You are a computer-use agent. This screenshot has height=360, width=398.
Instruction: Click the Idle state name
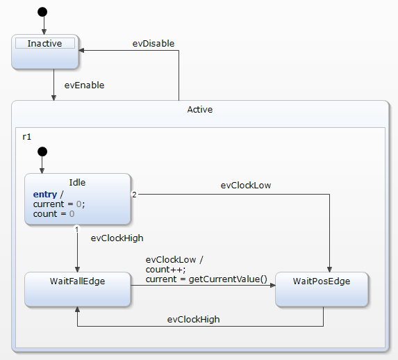pos(77,183)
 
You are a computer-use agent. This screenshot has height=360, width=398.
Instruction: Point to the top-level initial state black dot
pos(43,12)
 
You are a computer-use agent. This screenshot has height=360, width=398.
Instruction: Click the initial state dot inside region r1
pos(42,152)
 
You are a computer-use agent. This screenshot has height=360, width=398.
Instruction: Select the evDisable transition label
pos(154,43)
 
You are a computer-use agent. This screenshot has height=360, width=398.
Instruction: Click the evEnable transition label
pos(83,85)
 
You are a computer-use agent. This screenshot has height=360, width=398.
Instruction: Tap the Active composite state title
pos(200,110)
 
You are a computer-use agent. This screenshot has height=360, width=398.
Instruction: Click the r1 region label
pos(27,136)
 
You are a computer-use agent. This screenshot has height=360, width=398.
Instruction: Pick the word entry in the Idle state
pos(44,194)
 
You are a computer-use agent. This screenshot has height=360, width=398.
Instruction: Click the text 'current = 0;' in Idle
pos(59,204)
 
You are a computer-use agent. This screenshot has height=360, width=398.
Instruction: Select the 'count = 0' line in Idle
pos(53,214)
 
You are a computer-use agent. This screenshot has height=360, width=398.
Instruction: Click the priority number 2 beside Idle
pos(134,195)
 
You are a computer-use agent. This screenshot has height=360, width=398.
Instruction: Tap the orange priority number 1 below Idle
pos(76,229)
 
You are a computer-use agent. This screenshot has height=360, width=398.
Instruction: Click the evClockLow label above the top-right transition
pos(246,186)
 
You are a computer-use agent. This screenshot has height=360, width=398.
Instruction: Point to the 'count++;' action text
pos(165,269)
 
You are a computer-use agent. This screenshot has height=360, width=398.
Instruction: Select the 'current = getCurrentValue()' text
pos(206,279)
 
